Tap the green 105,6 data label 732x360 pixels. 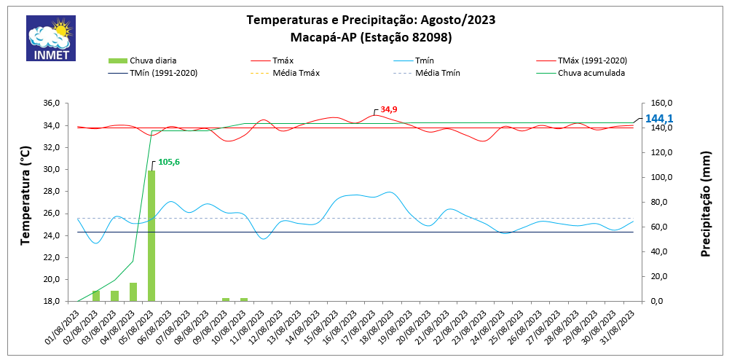click(170, 162)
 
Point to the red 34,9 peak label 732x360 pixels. click(389, 109)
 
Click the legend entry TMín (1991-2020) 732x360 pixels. click(164, 73)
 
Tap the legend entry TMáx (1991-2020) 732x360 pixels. click(592, 60)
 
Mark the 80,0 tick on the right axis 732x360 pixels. click(661, 203)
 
